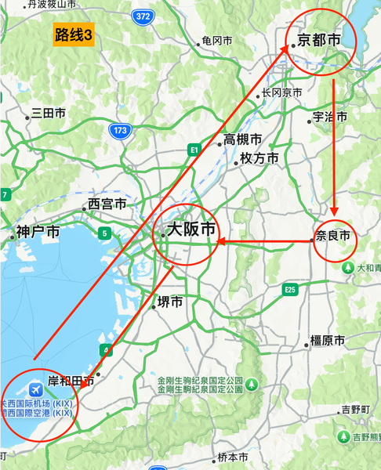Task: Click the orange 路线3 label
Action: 74,34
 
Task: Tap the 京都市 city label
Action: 320,39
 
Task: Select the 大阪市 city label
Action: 190,230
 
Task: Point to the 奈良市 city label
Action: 333,234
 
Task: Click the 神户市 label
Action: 38,232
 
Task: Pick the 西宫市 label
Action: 107,204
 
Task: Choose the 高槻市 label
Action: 242,139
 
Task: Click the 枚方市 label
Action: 259,158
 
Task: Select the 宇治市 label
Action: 329,117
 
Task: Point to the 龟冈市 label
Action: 217,40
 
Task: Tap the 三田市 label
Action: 48,114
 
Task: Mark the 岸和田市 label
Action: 71,381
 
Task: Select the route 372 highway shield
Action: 142,16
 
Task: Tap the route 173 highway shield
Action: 119,130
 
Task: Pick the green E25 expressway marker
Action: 291,290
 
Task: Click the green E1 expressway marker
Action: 194,148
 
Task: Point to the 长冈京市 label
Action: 281,92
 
